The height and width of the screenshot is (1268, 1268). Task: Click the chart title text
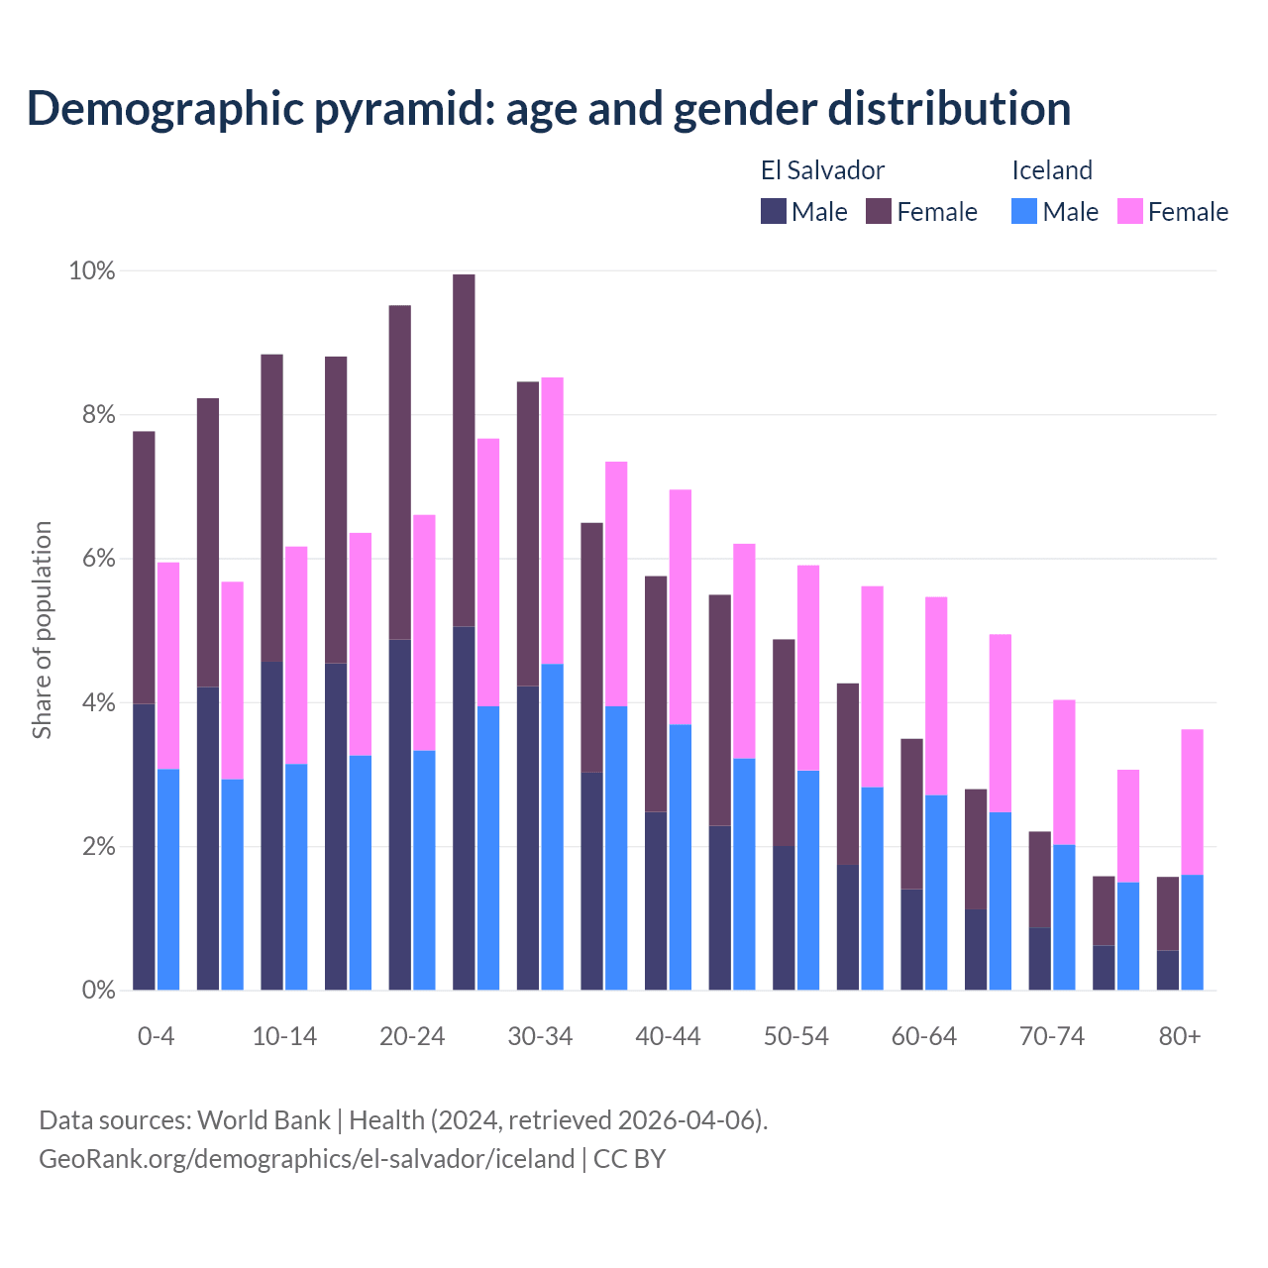(549, 109)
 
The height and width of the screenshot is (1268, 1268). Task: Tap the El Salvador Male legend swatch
(774, 211)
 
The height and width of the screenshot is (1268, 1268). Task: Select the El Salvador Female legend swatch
(879, 211)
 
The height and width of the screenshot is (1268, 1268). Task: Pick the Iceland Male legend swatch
(1024, 211)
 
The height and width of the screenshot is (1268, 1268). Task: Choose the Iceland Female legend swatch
(1130, 211)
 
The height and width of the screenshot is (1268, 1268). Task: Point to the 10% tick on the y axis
(92, 270)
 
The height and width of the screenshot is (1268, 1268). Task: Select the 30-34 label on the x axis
(540, 1036)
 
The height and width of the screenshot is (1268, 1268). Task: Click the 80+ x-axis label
(1180, 1036)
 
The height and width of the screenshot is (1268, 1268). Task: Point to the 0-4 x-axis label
(157, 1036)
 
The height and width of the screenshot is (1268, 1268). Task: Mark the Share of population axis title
(43, 630)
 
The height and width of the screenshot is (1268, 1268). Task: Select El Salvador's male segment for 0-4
(145, 847)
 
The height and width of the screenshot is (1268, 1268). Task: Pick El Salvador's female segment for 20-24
(400, 473)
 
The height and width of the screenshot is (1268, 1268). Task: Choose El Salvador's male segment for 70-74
(1040, 959)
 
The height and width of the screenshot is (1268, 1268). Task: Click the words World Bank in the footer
(264, 1120)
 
